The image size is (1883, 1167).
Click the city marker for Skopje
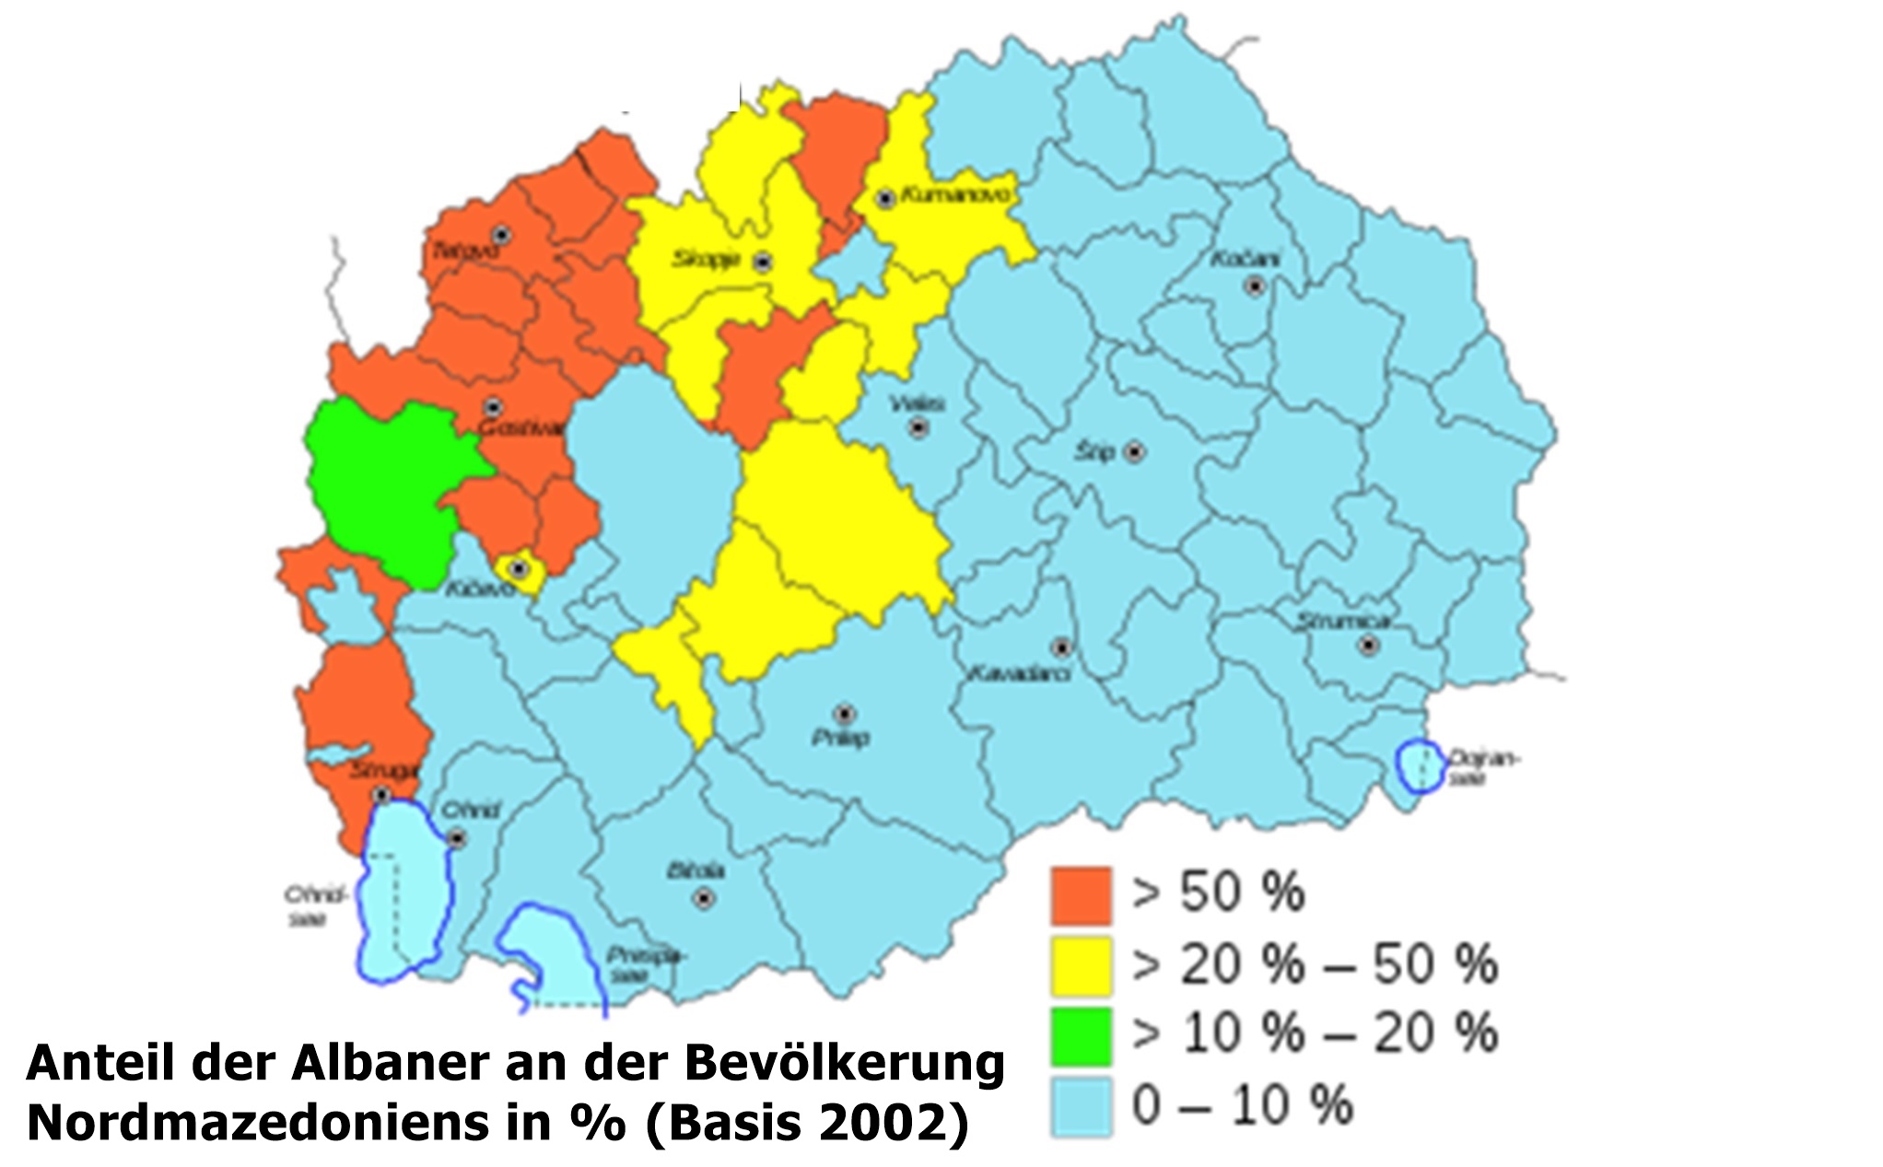(x=763, y=263)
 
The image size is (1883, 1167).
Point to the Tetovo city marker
(x=501, y=235)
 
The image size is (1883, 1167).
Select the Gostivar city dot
(x=494, y=406)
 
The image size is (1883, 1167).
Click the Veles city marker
(x=918, y=427)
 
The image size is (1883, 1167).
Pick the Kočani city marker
(x=1254, y=286)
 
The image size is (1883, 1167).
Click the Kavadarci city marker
(x=1062, y=648)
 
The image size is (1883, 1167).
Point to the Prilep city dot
(x=844, y=714)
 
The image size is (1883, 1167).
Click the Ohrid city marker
(x=457, y=839)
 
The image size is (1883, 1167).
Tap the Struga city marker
(x=381, y=794)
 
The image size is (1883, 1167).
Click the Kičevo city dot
(x=519, y=568)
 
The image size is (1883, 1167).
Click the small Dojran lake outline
(x=1419, y=766)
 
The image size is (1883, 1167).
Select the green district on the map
(x=382, y=488)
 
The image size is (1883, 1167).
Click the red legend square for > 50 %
(x=1082, y=894)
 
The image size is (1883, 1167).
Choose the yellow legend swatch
(x=1082, y=965)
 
